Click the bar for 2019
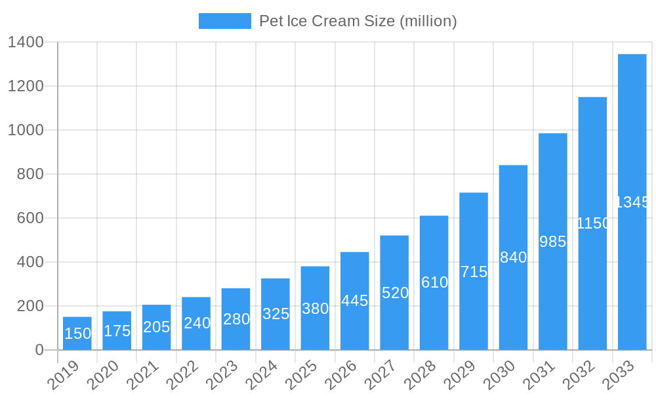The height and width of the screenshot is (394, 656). click(x=77, y=334)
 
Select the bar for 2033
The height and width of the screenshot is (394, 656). click(x=632, y=202)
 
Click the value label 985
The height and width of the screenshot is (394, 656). click(x=552, y=242)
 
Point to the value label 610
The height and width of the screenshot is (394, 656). click(x=434, y=282)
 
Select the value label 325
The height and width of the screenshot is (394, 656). click(x=276, y=314)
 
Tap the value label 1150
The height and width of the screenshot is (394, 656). click(x=592, y=223)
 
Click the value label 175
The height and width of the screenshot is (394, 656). click(x=117, y=331)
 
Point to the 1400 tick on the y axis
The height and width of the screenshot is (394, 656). click(x=26, y=43)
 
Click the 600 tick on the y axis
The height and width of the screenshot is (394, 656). click(x=30, y=218)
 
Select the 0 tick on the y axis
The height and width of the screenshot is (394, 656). click(x=39, y=350)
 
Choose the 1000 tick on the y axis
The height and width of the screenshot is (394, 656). click(x=26, y=130)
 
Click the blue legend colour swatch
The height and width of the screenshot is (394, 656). click(x=224, y=21)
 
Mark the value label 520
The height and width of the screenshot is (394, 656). click(x=394, y=293)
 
